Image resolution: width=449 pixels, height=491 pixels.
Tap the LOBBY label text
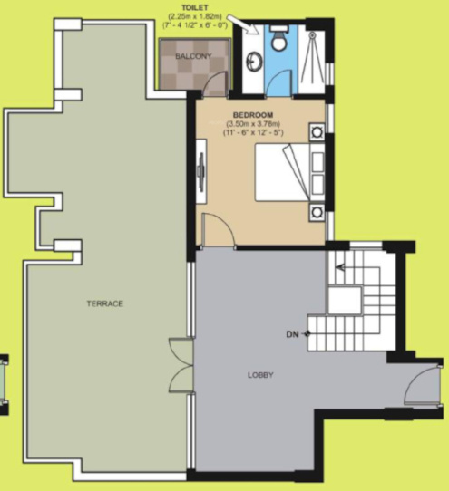pos(260,374)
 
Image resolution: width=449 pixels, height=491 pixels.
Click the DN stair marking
pos(292,334)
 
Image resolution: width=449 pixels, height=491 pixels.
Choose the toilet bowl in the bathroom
pos(280,40)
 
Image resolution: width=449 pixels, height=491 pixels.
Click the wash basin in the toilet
pos(253,62)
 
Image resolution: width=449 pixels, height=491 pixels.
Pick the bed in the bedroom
pos(283,172)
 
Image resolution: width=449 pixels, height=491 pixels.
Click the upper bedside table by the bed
pos(317,131)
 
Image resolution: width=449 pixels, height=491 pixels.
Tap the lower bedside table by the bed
pos(317,212)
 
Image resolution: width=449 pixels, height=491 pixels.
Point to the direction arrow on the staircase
pos(341,267)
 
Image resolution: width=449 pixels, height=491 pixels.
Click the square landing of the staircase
pos(344,298)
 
